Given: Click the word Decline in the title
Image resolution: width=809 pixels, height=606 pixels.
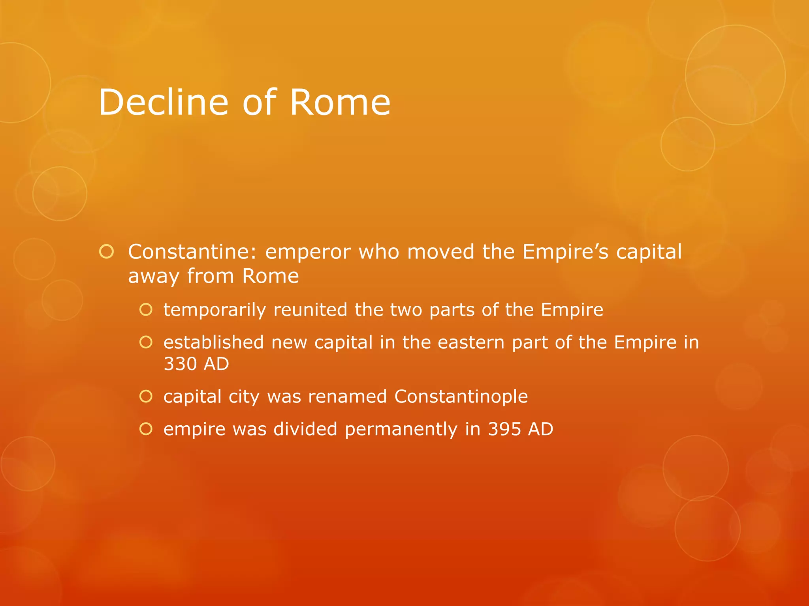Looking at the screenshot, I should (x=163, y=103).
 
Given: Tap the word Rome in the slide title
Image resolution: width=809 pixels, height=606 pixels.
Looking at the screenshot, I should (x=340, y=103).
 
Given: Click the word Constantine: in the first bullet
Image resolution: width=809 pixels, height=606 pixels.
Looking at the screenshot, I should (x=192, y=252).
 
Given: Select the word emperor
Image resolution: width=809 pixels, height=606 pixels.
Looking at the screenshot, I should (x=308, y=252).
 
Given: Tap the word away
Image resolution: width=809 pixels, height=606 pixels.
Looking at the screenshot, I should (x=154, y=276).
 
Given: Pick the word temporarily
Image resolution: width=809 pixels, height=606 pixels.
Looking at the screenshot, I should (x=214, y=310).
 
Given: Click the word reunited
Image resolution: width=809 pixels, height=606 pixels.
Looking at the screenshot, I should (x=310, y=310).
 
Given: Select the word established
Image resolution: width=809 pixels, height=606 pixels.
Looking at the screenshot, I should (x=213, y=342).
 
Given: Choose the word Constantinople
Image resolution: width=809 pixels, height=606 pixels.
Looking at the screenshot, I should (x=461, y=397).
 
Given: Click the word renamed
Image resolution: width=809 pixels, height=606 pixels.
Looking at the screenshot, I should (x=347, y=397).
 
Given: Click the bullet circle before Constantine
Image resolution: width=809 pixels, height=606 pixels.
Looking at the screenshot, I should (x=107, y=252).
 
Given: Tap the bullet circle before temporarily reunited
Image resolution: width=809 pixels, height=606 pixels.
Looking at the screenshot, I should (x=146, y=310).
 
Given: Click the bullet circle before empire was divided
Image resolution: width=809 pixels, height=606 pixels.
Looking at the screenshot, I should (x=146, y=429).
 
